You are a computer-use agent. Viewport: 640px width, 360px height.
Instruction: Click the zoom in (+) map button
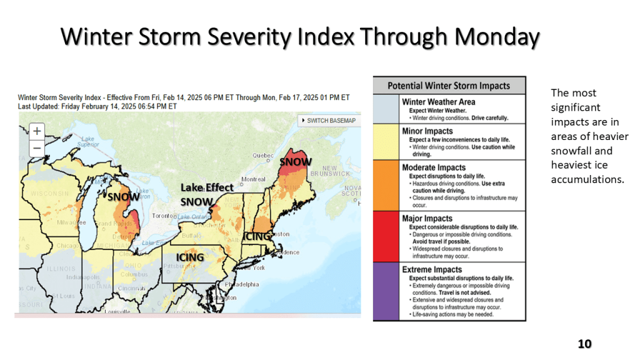[x=37, y=131]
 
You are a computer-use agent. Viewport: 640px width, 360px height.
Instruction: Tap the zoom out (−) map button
[x=37, y=147]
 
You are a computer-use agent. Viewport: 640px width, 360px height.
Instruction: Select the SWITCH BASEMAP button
[x=329, y=120]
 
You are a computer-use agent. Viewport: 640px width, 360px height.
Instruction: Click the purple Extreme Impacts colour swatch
[x=386, y=291]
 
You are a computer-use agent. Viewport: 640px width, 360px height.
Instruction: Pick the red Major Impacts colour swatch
[x=386, y=236]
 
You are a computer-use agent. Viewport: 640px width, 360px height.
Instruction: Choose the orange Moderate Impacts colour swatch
[x=386, y=185]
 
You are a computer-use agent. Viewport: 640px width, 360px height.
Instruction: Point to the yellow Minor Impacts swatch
[x=386, y=142]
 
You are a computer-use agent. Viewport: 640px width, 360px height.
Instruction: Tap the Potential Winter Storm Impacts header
[x=449, y=86]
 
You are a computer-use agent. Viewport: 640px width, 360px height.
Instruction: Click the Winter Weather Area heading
[x=438, y=102]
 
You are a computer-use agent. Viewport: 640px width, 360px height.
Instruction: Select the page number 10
[x=584, y=344]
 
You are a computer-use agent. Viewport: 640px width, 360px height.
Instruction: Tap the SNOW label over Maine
[x=296, y=162]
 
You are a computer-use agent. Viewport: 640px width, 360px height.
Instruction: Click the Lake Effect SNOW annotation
[x=206, y=194]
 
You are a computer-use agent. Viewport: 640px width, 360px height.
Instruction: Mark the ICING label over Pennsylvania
[x=190, y=257]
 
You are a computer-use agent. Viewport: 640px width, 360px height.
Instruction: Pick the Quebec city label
[x=263, y=156]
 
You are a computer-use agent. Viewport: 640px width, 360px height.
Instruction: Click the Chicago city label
[x=68, y=246]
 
